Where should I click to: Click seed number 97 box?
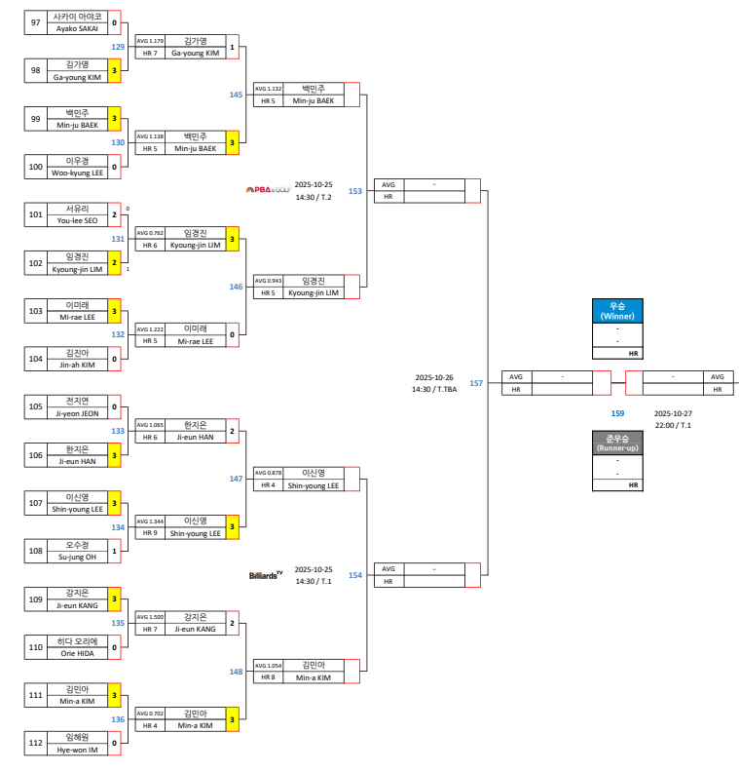tap(36, 22)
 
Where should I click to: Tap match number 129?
tap(118, 46)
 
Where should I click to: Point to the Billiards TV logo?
tap(266, 575)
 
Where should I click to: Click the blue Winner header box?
tap(617, 311)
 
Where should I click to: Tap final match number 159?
tap(617, 413)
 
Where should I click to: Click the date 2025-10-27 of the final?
tap(673, 413)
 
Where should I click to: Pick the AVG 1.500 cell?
tap(150, 617)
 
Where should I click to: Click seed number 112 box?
tap(36, 743)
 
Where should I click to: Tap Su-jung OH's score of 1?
tap(114, 551)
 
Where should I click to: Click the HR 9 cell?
tap(150, 533)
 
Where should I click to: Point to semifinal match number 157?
tap(476, 383)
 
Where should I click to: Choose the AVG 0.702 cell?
tap(150, 714)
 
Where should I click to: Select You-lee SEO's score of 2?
tap(114, 213)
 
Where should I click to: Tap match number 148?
tap(237, 672)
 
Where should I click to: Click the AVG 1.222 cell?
tap(150, 329)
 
